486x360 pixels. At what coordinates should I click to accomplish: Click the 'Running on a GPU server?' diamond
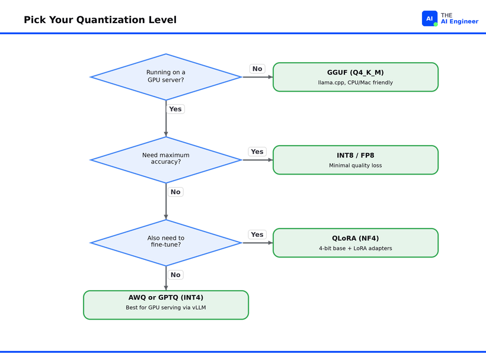point(166,77)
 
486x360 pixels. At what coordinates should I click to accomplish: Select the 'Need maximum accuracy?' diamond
point(166,160)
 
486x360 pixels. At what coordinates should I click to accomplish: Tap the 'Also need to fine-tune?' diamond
point(166,243)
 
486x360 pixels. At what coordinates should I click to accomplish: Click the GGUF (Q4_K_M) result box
point(356,77)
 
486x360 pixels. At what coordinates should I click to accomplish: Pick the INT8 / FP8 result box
point(356,160)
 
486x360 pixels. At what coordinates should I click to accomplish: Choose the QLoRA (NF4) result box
point(356,243)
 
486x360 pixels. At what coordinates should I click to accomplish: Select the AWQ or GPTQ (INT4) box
point(166,305)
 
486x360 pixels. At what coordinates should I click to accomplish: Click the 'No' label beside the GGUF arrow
point(257,69)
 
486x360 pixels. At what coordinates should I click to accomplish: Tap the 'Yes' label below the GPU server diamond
point(175,109)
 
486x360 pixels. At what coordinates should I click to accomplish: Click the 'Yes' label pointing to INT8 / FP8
point(257,152)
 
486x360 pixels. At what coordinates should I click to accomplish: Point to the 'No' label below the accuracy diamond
point(175,192)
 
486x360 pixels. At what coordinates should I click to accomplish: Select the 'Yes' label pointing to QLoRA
point(257,234)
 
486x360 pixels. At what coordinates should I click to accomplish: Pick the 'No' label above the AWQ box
point(175,275)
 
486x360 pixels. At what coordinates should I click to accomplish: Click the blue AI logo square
point(430,18)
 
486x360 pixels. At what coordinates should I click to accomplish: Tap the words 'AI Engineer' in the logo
point(460,22)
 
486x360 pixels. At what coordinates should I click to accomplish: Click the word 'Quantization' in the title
point(111,20)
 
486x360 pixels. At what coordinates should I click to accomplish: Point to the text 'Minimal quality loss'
point(356,166)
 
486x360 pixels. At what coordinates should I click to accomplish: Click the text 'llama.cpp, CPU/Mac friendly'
point(356,83)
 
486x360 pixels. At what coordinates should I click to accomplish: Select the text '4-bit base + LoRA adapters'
point(356,248)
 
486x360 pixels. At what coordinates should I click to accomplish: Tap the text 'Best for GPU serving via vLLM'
point(166,308)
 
